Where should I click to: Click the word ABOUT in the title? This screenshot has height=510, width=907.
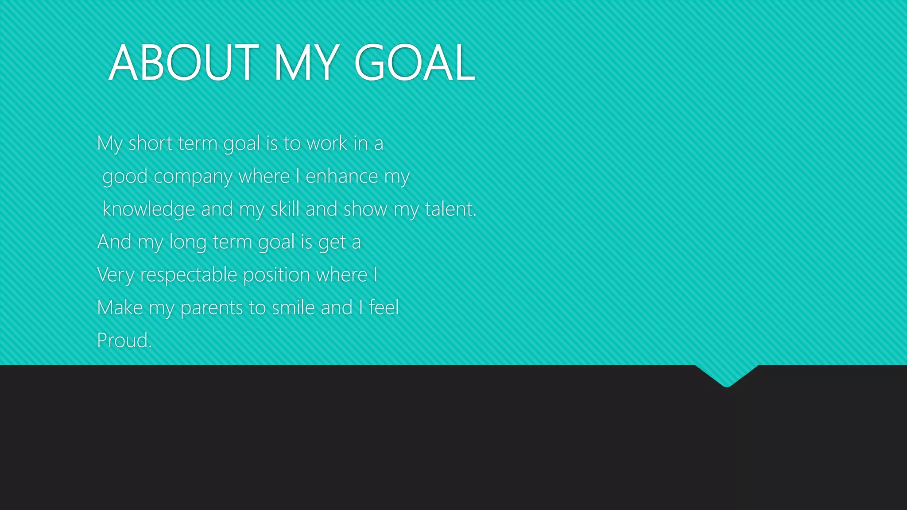coord(183,63)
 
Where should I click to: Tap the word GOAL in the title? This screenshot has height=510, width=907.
coord(415,63)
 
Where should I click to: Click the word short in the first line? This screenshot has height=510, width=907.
coord(151,143)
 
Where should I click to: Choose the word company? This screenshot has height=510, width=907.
coord(193,177)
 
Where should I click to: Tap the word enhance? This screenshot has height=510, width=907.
coord(341,177)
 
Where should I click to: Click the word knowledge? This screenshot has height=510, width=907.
coord(148,209)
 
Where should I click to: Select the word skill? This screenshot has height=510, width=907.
coord(285,209)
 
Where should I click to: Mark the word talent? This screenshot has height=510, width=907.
coord(450,209)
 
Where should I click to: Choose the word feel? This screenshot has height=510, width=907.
coord(384,308)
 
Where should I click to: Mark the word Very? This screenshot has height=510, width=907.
coord(116,275)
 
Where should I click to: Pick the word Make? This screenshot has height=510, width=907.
coord(120,308)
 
